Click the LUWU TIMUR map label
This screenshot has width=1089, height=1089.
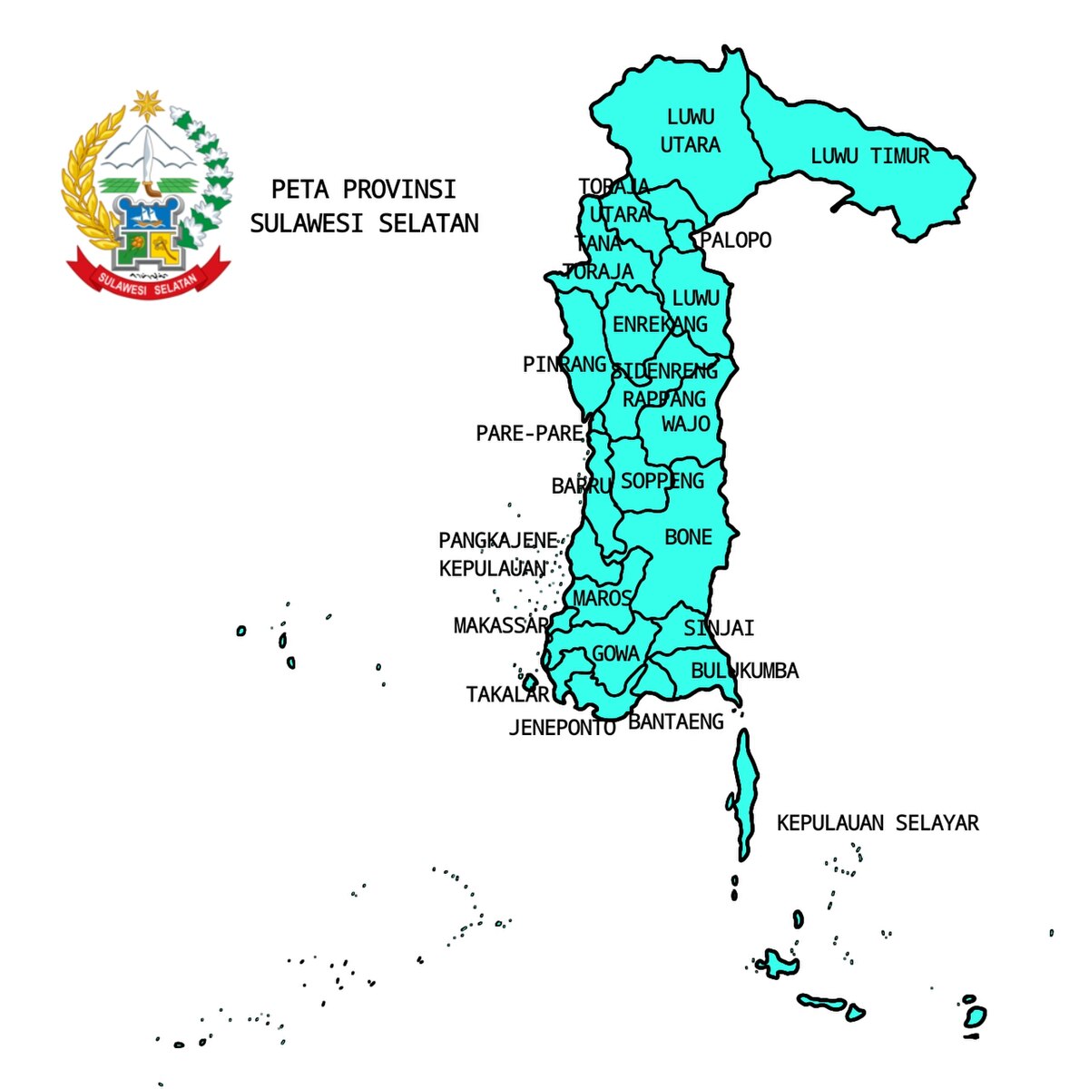(869, 156)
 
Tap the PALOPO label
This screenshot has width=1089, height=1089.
(735, 240)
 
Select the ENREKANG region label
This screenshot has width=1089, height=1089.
(660, 325)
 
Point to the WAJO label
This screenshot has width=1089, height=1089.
(685, 424)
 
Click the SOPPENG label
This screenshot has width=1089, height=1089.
(662, 481)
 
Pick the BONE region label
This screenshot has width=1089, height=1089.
(688, 537)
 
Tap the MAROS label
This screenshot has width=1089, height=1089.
(602, 598)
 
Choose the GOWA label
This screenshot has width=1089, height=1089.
(615, 653)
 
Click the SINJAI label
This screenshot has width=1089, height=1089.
(719, 628)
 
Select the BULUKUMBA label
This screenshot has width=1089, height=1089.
(744, 671)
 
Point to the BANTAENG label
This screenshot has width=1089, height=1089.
(676, 721)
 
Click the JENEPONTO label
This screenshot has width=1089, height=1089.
(562, 727)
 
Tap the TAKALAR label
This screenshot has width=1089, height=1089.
(507, 694)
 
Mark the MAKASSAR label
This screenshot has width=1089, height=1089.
(501, 625)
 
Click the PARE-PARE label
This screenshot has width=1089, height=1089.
(529, 434)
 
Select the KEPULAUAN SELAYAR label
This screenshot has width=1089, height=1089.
(878, 823)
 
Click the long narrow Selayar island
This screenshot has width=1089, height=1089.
(745, 794)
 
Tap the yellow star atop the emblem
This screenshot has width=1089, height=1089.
(145, 105)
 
